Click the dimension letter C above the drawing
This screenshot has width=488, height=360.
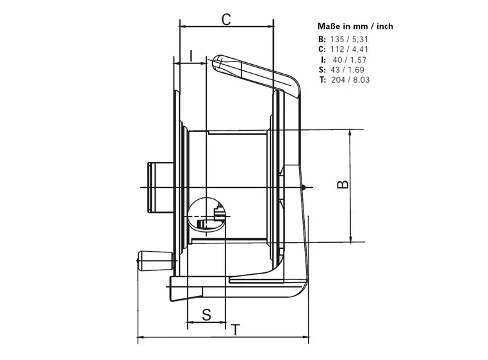[226, 19]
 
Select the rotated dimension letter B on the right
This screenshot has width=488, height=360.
[343, 184]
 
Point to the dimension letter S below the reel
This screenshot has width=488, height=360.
[206, 315]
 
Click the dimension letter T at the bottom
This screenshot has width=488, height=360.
[236, 331]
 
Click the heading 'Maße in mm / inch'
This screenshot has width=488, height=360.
[355, 26]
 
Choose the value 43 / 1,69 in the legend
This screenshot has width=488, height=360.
[350, 70]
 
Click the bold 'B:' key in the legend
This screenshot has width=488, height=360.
[321, 39]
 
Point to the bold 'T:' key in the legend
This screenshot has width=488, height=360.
[322, 80]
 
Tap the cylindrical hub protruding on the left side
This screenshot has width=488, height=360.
[159, 186]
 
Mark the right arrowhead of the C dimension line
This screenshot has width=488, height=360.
[271, 27]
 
